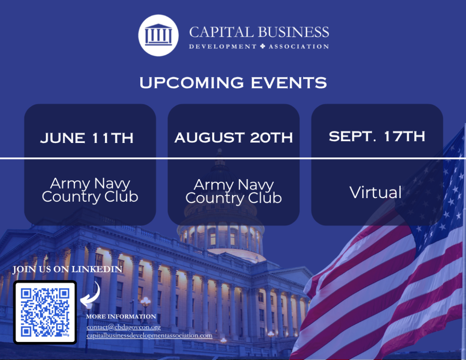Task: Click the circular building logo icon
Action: [x=158, y=35]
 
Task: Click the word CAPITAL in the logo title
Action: [x=221, y=32]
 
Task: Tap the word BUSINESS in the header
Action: [x=293, y=32]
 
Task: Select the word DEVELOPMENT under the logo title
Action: [x=223, y=46]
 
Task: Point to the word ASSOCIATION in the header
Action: [x=299, y=46]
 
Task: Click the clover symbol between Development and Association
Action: [x=262, y=46]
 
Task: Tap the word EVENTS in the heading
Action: [x=289, y=83]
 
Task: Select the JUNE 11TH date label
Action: [x=87, y=138]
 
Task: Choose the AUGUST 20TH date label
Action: [x=233, y=137]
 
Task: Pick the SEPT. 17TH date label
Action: [x=377, y=136]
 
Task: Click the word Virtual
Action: [x=376, y=192]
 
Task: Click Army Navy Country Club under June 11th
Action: [x=90, y=190]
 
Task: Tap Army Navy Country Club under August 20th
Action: [x=233, y=192]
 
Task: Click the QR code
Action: [x=45, y=312]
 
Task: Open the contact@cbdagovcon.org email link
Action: [x=124, y=327]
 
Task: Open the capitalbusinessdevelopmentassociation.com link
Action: [x=149, y=336]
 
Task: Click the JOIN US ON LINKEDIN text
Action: [x=67, y=270]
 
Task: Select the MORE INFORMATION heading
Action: [x=121, y=317]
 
